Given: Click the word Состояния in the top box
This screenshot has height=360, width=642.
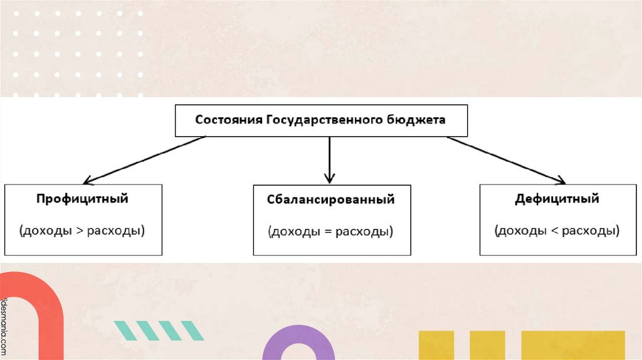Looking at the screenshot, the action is point(228,120).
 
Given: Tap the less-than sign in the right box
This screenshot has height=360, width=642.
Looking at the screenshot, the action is point(554,230).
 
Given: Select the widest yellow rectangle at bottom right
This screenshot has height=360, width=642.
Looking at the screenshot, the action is point(573,345).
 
